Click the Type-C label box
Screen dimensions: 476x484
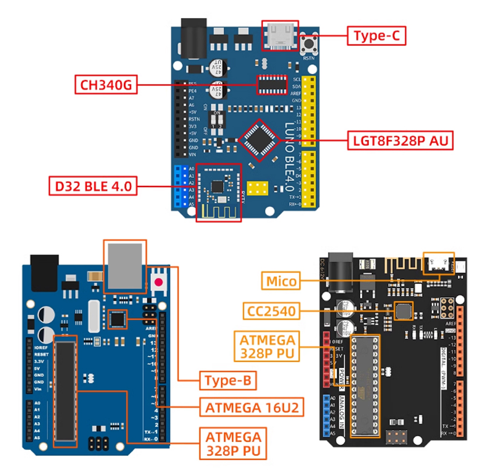(376, 36)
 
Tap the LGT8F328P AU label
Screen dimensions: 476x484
(401, 140)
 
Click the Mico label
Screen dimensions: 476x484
(281, 281)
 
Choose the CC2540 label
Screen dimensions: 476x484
(272, 311)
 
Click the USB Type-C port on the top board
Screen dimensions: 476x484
(280, 36)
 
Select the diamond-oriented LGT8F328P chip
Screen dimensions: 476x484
(259, 140)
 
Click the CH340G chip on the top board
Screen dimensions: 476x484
(272, 85)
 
